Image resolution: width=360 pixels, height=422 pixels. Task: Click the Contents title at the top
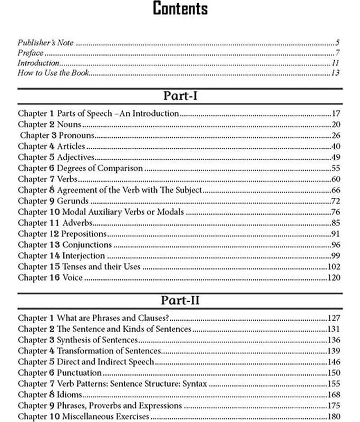pyautogui.click(x=180, y=9)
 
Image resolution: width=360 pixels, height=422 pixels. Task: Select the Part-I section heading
pyautogui.click(x=180, y=96)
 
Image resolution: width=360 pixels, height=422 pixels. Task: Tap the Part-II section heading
pyautogui.click(x=180, y=301)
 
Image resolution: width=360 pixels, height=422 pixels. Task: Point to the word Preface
pyautogui.click(x=30, y=53)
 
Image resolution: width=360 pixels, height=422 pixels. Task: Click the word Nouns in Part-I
pyautogui.click(x=69, y=124)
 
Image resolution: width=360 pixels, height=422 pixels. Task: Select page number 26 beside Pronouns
pyautogui.click(x=335, y=136)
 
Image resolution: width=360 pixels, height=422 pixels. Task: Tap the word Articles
pyautogui.click(x=71, y=147)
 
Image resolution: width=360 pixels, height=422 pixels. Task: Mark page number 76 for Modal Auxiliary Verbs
pyautogui.click(x=335, y=212)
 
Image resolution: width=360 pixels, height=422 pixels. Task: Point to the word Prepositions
pyautogui.click(x=84, y=234)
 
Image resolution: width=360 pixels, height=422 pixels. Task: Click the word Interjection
pyautogui.click(x=83, y=256)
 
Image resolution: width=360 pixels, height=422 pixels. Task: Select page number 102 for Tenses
pyautogui.click(x=334, y=267)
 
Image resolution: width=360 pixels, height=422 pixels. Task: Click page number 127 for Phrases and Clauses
pyautogui.click(x=334, y=318)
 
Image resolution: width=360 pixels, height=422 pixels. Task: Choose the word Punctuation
pyautogui.click(x=79, y=372)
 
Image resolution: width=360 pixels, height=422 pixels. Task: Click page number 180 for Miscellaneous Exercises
pyautogui.click(x=334, y=417)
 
